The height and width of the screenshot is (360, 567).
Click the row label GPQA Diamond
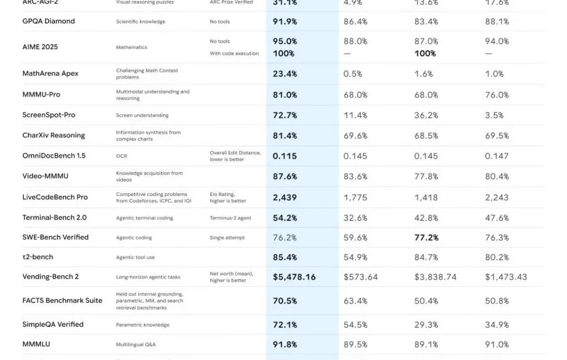pos(49,21)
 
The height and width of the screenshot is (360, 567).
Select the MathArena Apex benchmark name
pos(50,74)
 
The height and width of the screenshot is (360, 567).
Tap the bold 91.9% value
pos(285,21)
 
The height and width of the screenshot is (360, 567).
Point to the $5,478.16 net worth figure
pos(294,276)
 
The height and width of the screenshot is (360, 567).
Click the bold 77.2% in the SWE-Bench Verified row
pos(426,237)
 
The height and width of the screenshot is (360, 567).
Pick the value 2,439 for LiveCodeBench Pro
pos(285,197)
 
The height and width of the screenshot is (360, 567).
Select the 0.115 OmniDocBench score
pos(285,156)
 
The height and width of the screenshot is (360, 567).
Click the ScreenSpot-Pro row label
pos(49,115)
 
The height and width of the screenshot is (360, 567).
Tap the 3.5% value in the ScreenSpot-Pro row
pos(494,115)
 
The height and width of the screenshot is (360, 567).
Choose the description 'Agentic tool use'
pos(136,258)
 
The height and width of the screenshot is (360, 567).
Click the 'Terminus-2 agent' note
pos(230,218)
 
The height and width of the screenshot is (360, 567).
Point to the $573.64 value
pos(360,276)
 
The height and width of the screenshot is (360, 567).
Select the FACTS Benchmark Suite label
pos(63,300)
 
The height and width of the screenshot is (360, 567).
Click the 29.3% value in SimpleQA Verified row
pos(426,325)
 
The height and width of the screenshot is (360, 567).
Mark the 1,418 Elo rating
pos(426,197)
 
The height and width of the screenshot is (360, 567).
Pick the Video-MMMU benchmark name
pos(45,176)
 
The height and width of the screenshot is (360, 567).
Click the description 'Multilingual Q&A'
pos(136,344)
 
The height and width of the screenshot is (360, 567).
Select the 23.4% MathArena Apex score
pos(285,74)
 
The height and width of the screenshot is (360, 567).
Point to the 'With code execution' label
pos(234,54)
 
